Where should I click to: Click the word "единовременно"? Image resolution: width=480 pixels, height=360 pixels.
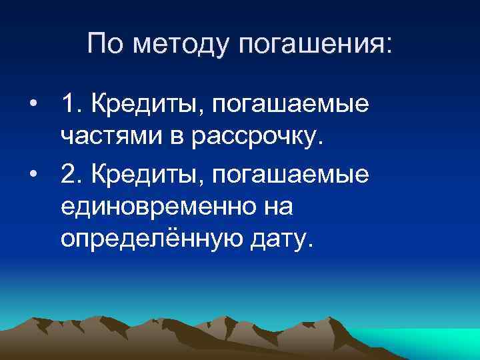pos(160,208)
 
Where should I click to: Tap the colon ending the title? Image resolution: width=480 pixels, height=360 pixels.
pos(389,47)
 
